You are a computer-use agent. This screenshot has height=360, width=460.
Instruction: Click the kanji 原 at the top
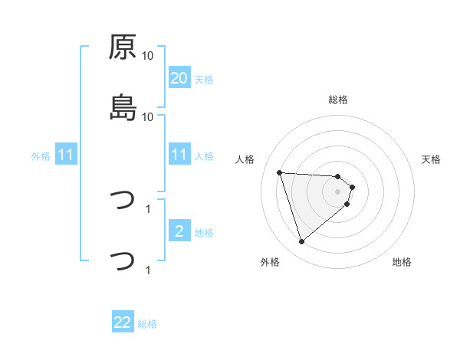(123, 47)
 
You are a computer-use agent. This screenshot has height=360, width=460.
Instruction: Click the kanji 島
(123, 108)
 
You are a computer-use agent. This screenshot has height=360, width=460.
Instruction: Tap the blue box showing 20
(179, 78)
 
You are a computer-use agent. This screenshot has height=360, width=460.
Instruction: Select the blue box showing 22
(123, 323)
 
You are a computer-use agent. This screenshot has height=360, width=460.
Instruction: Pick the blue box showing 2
(179, 231)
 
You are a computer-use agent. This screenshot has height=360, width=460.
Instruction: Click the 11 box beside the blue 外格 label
(66, 155)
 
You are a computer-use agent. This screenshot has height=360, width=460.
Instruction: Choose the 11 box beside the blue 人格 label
(179, 155)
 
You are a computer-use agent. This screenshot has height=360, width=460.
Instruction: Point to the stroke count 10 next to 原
(148, 56)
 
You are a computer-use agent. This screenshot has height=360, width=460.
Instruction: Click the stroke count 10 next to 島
(148, 116)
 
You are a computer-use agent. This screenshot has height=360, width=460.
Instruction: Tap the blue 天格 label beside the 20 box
(203, 79)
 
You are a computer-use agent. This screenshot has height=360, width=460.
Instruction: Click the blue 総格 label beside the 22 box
(147, 324)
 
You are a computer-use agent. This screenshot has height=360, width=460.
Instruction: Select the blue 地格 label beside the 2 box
(203, 232)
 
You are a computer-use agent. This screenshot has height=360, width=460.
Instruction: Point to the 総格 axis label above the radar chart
(338, 100)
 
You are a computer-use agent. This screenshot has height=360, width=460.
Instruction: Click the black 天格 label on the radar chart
(432, 159)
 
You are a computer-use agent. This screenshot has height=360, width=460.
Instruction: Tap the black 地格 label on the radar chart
(402, 262)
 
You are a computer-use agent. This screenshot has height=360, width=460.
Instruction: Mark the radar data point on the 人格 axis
(280, 172)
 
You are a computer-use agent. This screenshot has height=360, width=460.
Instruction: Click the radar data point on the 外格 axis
(301, 242)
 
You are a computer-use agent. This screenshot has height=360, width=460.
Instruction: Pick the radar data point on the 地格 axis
(347, 204)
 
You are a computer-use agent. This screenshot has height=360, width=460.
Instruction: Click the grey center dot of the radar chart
(338, 191)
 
